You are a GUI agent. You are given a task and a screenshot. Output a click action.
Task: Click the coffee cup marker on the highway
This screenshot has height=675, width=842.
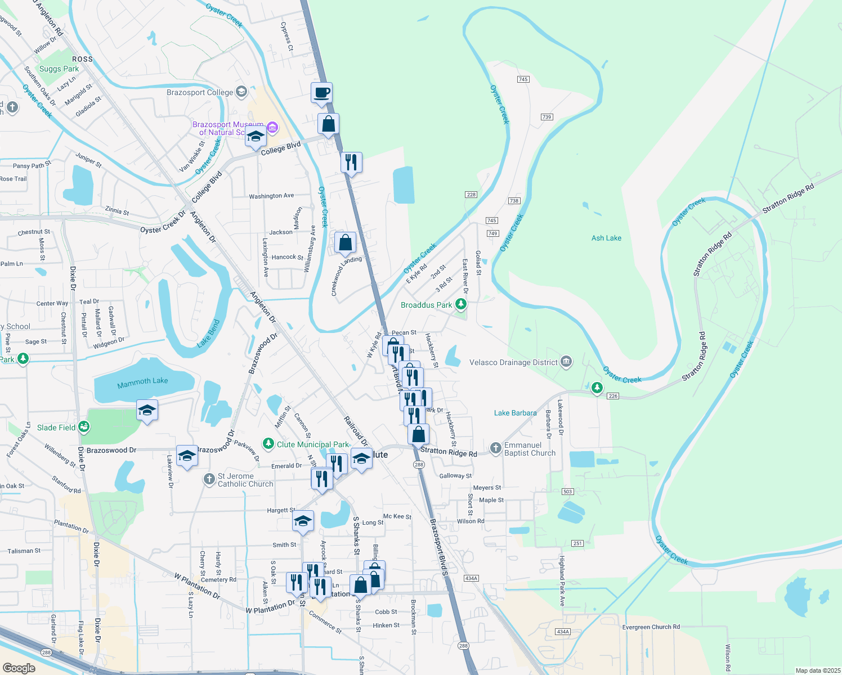(321, 93)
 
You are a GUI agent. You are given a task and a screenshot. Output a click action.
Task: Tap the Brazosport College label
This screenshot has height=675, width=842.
(200, 92)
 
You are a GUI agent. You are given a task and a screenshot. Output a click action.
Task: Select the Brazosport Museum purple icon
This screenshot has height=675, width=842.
(272, 128)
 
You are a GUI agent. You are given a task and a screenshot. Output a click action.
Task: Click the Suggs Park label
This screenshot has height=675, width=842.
(59, 69)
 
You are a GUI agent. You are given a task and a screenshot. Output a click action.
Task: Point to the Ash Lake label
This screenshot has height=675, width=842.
(606, 238)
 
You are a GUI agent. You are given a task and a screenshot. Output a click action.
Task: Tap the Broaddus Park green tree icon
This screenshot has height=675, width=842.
(461, 304)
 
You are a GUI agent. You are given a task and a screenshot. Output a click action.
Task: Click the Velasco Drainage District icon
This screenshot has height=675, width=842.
(567, 362)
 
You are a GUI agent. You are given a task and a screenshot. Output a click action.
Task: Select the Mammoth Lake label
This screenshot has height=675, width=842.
(142, 381)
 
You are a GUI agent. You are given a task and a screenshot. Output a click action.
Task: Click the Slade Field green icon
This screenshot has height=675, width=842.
(84, 427)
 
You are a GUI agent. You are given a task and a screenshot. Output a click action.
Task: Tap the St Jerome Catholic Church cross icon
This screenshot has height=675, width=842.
(209, 479)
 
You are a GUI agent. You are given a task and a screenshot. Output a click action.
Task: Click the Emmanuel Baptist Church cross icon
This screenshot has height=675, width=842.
(495, 448)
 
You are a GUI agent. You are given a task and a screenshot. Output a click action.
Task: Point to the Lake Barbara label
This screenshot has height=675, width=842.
(515, 413)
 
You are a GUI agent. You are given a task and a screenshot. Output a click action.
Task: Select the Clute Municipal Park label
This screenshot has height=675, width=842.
(313, 444)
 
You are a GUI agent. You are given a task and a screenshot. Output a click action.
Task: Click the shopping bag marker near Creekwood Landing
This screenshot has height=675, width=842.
(345, 243)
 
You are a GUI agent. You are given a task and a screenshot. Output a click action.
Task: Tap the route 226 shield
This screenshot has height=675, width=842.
(613, 396)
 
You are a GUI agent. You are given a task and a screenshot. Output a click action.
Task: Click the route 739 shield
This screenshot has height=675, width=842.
(547, 117)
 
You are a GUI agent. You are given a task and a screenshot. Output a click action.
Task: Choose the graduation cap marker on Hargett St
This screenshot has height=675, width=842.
(303, 521)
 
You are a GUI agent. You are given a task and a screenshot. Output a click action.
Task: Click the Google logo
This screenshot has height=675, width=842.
(19, 668)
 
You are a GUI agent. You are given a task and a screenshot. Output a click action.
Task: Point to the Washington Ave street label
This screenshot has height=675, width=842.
(271, 196)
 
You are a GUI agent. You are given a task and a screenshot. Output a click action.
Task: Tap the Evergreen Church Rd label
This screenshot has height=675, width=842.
(651, 627)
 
